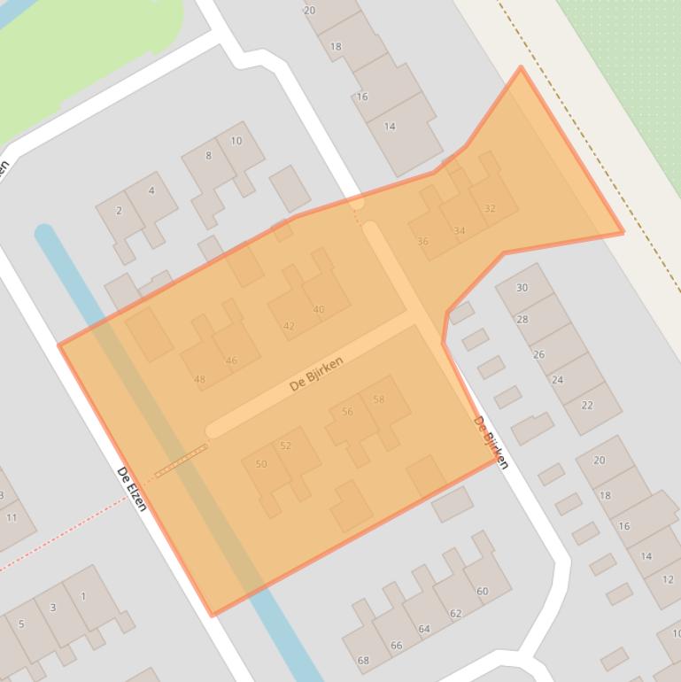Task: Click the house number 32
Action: [x=490, y=209]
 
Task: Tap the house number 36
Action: [x=422, y=241]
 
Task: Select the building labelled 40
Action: [x=319, y=309]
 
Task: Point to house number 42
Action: [x=289, y=326]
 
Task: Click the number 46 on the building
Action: [x=231, y=360]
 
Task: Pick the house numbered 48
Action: [x=199, y=380]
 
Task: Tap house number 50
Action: [x=261, y=464]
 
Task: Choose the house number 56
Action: [x=347, y=412]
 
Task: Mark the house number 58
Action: [x=379, y=399]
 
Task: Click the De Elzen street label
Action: [x=132, y=489]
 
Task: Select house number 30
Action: [x=522, y=288]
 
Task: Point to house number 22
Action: [x=587, y=406]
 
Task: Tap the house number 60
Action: [x=482, y=592]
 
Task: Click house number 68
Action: [x=363, y=661]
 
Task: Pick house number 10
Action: [x=236, y=141]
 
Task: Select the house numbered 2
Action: [x=120, y=211]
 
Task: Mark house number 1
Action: [x=83, y=596]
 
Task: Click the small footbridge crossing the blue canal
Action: [x=182, y=461]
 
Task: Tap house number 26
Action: [x=538, y=354]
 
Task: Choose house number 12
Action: [x=667, y=579]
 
